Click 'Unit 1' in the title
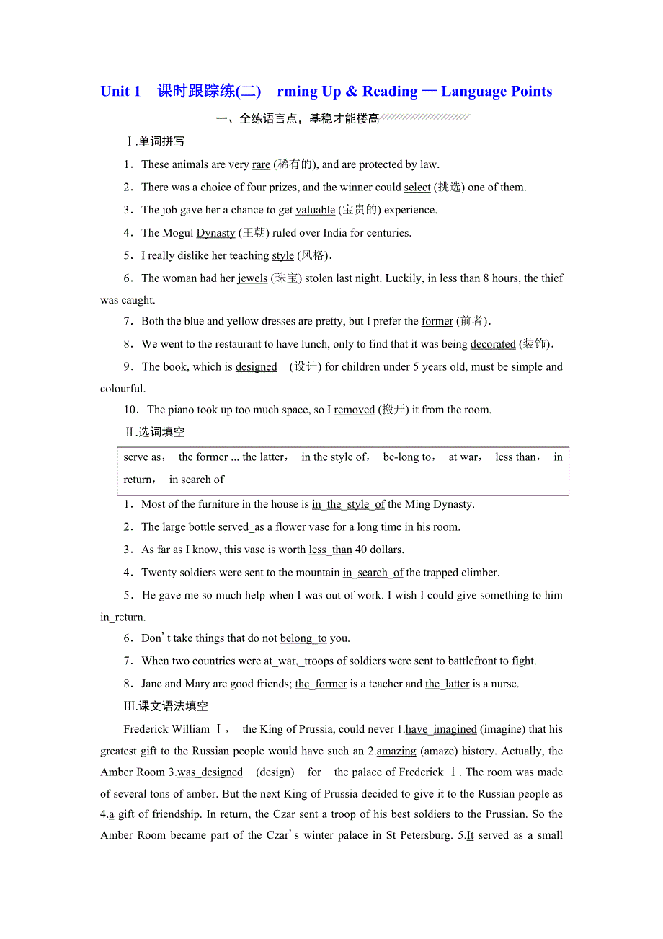[x=120, y=92]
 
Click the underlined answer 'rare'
[x=261, y=164]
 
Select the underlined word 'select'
[x=417, y=188]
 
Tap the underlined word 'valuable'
[x=315, y=210]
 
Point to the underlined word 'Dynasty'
[x=215, y=233]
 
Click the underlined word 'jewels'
[x=252, y=278]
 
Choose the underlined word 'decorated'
[x=493, y=344]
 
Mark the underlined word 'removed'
[x=354, y=410]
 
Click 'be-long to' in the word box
[x=408, y=457]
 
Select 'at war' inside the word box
[x=463, y=457]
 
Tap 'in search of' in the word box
[x=197, y=480]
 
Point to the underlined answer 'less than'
[x=330, y=550]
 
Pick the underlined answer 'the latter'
[x=447, y=684]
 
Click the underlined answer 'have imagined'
[x=441, y=729]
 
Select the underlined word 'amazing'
[x=396, y=751]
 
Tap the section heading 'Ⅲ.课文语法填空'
[x=166, y=706]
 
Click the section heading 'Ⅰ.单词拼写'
[x=155, y=141]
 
